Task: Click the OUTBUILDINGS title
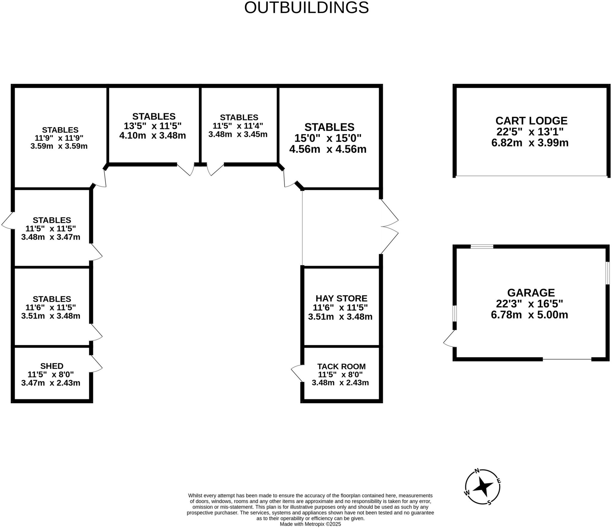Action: (x=306, y=8)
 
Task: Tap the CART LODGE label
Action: (x=531, y=121)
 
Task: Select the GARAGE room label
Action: (x=531, y=293)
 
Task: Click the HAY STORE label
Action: (x=341, y=298)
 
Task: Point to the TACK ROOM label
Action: (x=341, y=366)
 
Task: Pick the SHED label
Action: (x=52, y=366)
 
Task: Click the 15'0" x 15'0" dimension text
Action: (x=328, y=138)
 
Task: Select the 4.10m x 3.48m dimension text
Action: (x=152, y=136)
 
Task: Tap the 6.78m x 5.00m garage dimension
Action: (x=529, y=315)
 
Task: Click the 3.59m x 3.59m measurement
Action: (x=59, y=146)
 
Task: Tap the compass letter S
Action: (x=489, y=503)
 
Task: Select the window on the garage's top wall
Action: (x=482, y=247)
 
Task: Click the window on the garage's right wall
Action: (x=607, y=273)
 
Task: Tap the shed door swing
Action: (x=96, y=364)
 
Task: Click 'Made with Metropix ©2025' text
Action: (x=310, y=524)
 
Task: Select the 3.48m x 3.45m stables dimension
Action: (x=238, y=134)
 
